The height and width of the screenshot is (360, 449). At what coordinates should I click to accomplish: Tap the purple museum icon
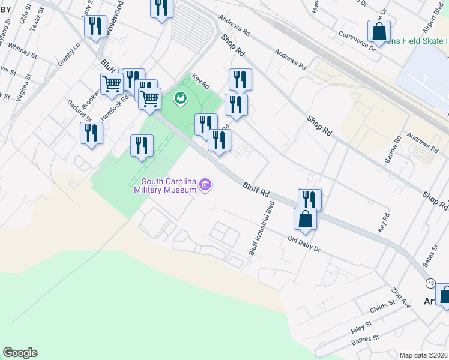tap(205, 184)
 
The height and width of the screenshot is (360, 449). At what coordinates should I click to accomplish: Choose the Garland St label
tap(79, 110)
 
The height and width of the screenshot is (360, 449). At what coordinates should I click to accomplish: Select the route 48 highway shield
tap(431, 283)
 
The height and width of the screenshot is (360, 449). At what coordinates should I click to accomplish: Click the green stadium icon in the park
tap(179, 97)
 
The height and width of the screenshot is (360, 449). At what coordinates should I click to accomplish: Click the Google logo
tap(20, 353)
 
